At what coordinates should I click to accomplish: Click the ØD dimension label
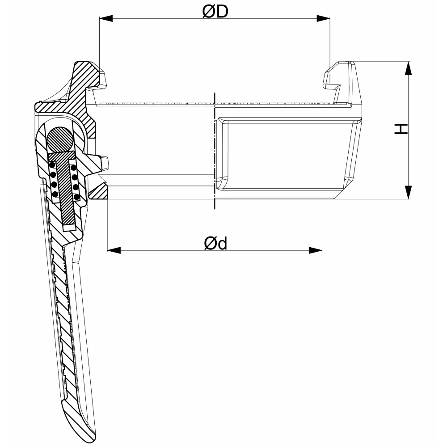click(x=215, y=12)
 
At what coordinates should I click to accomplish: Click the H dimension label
click(x=401, y=129)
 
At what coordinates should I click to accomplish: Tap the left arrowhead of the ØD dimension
click(x=106, y=18)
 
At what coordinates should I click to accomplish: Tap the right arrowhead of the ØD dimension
click(x=323, y=18)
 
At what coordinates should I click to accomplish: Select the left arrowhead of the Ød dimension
click(x=114, y=250)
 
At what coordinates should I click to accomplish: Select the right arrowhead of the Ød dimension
click(x=316, y=250)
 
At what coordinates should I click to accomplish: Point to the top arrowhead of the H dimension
click(x=408, y=68)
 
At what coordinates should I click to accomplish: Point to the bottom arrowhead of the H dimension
click(x=408, y=192)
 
